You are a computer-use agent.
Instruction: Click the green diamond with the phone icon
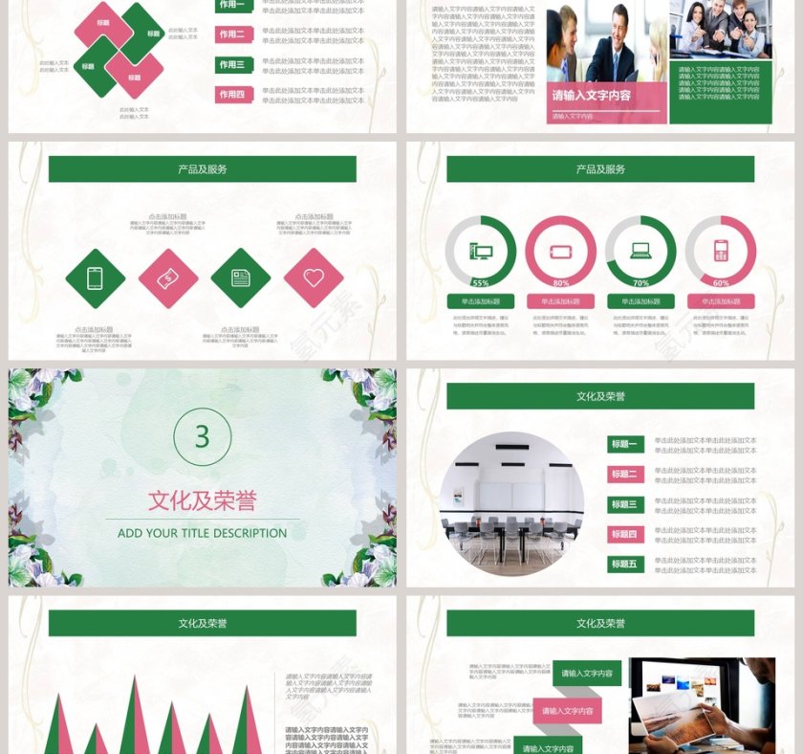pyautogui.click(x=96, y=277)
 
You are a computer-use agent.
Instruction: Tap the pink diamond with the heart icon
pyautogui.click(x=314, y=277)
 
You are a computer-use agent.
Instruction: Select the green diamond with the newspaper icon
pyautogui.click(x=241, y=277)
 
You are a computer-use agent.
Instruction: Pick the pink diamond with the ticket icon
pyautogui.click(x=168, y=277)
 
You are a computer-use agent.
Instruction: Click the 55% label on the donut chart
pyautogui.click(x=481, y=283)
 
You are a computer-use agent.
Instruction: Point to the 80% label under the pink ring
pyautogui.click(x=561, y=283)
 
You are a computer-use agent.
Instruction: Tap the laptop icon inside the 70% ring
pyautogui.click(x=640, y=252)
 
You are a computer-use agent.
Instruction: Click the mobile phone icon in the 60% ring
pyautogui.click(x=721, y=252)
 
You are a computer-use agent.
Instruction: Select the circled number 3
pyautogui.click(x=202, y=436)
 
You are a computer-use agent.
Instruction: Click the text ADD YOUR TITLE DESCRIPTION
pyautogui.click(x=202, y=533)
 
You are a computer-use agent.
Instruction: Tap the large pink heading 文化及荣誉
pyautogui.click(x=202, y=499)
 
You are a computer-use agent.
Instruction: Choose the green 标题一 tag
pyautogui.click(x=625, y=444)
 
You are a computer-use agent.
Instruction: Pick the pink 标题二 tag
pyautogui.click(x=625, y=474)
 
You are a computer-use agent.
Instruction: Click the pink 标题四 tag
pyautogui.click(x=625, y=534)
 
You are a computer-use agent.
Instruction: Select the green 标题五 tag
pyautogui.click(x=625, y=564)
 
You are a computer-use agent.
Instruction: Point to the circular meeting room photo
pyautogui.click(x=511, y=502)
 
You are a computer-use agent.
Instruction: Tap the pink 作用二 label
pyautogui.click(x=233, y=34)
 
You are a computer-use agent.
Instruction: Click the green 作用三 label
pyautogui.click(x=233, y=65)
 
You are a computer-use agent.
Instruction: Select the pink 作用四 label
pyautogui.click(x=233, y=95)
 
